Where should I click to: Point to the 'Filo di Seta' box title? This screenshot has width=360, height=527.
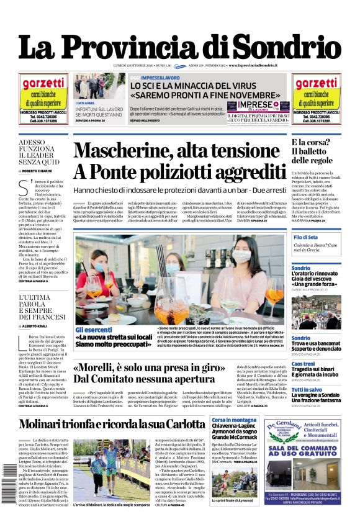(307, 238)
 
